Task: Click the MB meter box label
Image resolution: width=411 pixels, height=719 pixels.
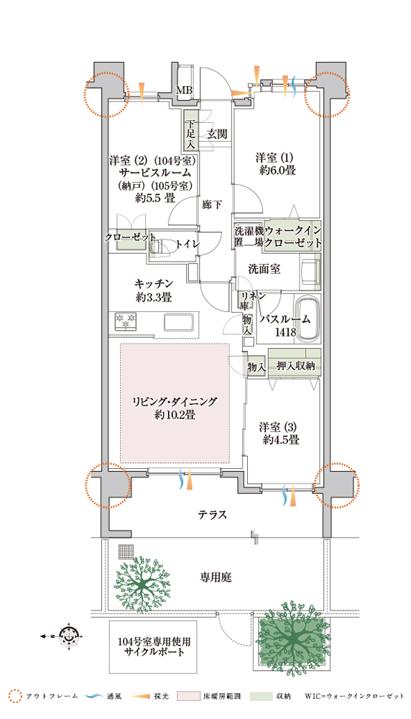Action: pos(185,91)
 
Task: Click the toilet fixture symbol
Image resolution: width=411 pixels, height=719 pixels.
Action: pos(160,246)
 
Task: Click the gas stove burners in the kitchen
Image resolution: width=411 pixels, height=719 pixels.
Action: pos(125,321)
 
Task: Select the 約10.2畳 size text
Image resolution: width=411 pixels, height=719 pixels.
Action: pos(175,416)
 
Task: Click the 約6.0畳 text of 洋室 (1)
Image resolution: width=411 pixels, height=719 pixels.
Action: pos(277,170)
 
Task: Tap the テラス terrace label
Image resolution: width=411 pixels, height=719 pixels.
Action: pos(212,514)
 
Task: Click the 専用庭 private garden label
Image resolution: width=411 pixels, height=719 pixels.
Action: pos(216,577)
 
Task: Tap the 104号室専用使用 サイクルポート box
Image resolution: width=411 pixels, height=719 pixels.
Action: pos(153,647)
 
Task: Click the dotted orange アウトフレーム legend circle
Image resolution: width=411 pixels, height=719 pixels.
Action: pos(15,696)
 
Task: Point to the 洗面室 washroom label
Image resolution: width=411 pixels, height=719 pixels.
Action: pos(264,269)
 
